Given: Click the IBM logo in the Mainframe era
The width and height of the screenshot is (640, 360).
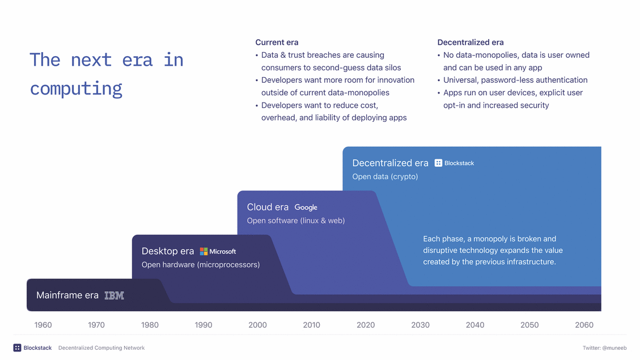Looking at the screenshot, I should [x=114, y=295].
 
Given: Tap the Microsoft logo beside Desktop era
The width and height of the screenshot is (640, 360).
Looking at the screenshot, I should [x=218, y=251].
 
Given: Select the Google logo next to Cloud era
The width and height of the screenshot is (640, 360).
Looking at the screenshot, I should [x=306, y=207].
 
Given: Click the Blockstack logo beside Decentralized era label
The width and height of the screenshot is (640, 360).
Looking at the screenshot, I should [x=454, y=163].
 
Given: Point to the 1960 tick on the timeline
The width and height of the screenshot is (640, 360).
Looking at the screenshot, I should [x=43, y=325].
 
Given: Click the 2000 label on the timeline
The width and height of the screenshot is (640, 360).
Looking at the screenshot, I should [x=257, y=325].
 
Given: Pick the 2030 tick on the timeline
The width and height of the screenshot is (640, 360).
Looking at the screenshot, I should [x=420, y=325].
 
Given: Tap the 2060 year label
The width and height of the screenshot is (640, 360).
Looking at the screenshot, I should [x=584, y=325].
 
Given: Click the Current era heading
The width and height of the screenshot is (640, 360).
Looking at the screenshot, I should [x=277, y=43].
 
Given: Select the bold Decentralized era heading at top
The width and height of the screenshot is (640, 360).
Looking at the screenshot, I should [x=471, y=43].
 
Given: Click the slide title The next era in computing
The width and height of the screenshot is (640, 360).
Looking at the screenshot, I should [x=107, y=74].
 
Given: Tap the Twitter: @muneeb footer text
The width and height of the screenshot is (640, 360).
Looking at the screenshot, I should [x=604, y=348].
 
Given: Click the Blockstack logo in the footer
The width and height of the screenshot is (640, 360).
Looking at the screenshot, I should [x=32, y=348].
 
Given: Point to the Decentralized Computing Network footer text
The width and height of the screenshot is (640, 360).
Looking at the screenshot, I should [x=101, y=348].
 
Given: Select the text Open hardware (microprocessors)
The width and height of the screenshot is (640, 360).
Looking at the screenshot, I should [x=201, y=265].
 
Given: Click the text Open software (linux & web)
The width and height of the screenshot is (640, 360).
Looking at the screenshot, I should [x=296, y=221].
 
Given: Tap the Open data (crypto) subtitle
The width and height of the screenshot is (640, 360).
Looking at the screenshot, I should [x=385, y=177].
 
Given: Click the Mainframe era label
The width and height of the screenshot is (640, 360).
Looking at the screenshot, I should [x=67, y=295].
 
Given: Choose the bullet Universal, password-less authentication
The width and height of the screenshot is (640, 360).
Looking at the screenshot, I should [x=515, y=80].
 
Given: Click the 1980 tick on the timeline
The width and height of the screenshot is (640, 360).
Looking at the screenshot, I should [x=150, y=325].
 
